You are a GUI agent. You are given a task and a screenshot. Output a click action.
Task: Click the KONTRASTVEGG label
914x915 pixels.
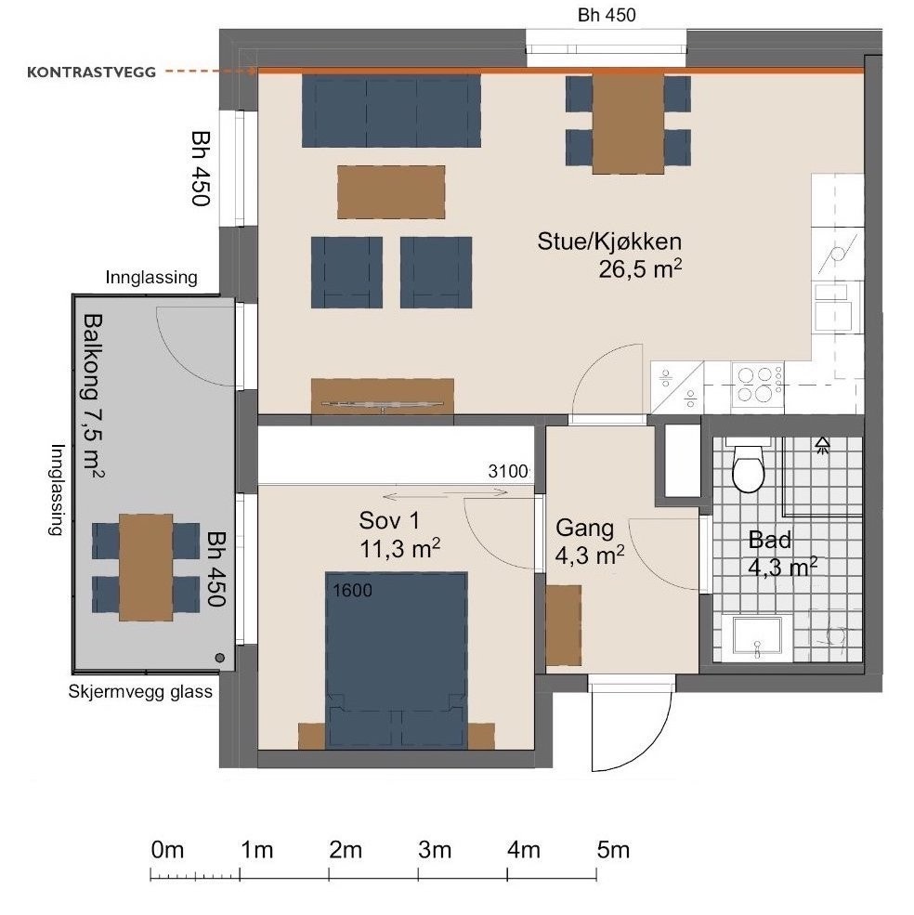click(x=92, y=72)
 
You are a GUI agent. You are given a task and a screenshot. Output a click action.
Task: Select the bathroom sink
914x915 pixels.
click(x=757, y=636)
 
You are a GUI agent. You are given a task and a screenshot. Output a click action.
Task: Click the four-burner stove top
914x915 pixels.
click(x=758, y=384)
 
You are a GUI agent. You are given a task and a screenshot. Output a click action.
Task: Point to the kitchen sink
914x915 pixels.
click(x=834, y=308)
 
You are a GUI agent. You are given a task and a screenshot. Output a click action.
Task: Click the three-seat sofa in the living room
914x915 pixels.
click(x=391, y=111)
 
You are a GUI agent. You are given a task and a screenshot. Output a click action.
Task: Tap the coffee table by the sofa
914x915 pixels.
click(x=391, y=192)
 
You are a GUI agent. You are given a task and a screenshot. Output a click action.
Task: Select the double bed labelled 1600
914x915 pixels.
click(x=397, y=660)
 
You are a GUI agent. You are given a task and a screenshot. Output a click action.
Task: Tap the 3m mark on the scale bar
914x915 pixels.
click(x=419, y=873)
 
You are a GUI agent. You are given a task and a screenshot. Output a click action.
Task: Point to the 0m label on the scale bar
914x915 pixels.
click(x=167, y=850)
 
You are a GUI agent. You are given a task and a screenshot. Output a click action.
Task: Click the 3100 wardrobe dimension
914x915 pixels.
click(x=508, y=471)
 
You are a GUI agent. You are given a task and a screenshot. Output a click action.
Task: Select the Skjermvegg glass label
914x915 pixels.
click(x=140, y=691)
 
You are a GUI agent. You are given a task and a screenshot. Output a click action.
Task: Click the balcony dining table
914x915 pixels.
click(x=146, y=568)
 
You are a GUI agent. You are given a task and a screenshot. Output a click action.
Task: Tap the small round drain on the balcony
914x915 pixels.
click(x=220, y=658)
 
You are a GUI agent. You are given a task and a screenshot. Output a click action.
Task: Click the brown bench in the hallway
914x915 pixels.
click(x=563, y=625)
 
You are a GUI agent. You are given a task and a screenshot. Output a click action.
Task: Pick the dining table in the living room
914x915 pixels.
click(x=628, y=124)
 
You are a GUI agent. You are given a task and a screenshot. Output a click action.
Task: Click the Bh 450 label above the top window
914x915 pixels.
click(x=607, y=15)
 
